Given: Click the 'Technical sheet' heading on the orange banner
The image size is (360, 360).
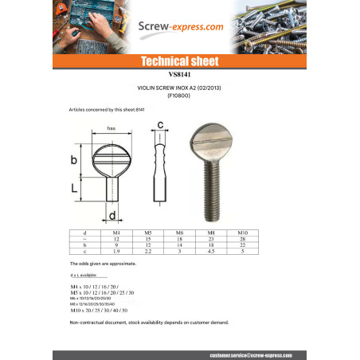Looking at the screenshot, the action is (179, 61).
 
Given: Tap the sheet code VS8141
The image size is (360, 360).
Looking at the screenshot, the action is (179, 73).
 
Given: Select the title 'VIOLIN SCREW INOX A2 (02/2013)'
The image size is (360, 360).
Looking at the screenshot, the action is (179, 89).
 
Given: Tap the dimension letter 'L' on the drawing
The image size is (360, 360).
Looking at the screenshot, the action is (74, 189).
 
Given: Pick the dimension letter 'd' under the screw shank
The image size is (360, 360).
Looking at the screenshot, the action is (114, 215).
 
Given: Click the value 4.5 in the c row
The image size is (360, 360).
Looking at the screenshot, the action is (212, 251).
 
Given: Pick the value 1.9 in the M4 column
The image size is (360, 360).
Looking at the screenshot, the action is (116, 251).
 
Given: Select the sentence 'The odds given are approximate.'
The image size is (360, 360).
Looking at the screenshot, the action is (96, 262).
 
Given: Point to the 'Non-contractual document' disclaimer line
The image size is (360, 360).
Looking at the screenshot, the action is (138, 322).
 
